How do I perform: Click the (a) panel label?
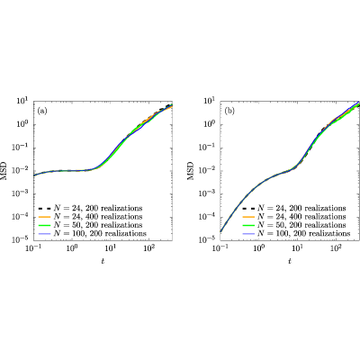[42, 112]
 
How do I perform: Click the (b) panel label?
[229, 112]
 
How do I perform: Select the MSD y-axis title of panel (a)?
[4, 171]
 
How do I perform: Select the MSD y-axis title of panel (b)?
[191, 171]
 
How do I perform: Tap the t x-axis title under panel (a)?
[103, 261]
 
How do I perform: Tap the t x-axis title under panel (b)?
[290, 261]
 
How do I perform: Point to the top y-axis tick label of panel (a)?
[22, 101]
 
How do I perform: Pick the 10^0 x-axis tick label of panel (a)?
[72, 248]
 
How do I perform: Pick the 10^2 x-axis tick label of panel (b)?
[336, 248]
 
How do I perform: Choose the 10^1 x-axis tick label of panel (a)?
[111, 248]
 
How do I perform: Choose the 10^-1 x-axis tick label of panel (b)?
[220, 248]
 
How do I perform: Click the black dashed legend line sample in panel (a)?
[45, 208]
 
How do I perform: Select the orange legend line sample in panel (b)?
[248, 216]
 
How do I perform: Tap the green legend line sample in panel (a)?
[45, 225]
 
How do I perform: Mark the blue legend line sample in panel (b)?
[248, 233]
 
